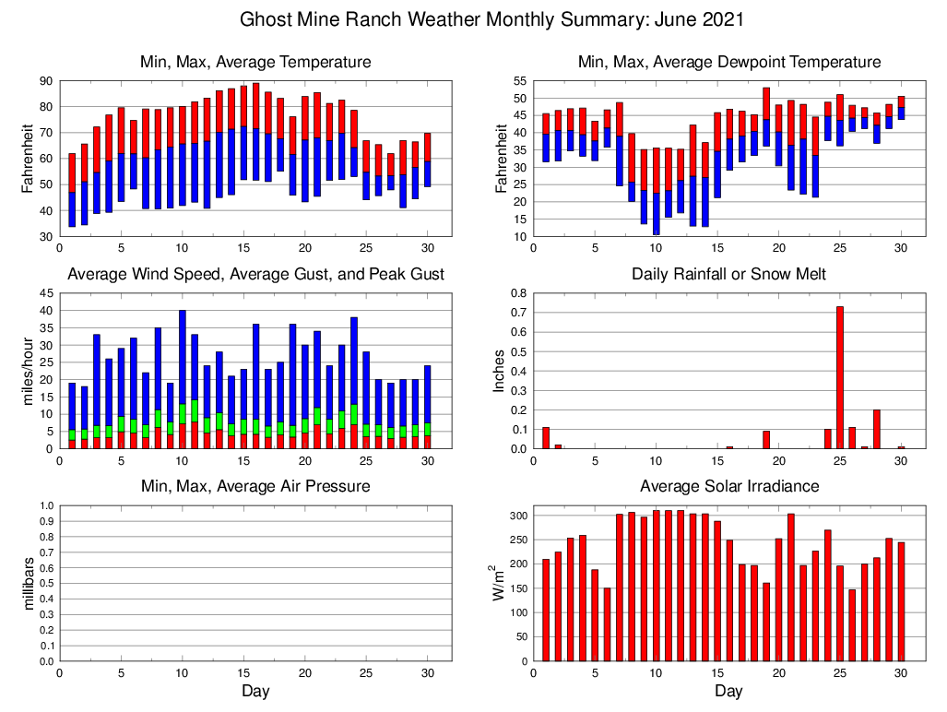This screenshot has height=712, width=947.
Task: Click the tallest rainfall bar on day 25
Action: pyautogui.click(x=840, y=378)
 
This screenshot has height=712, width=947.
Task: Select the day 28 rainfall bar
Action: pyautogui.click(x=877, y=429)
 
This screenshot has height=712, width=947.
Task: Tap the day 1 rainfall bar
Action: pyautogui.click(x=546, y=438)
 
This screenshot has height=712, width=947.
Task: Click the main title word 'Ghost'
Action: pyautogui.click(x=266, y=19)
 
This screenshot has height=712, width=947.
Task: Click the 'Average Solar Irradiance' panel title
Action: pyautogui.click(x=728, y=486)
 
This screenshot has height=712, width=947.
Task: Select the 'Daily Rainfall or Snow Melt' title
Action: pyautogui.click(x=728, y=274)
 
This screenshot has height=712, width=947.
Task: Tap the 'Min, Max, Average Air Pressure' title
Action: pyautogui.click(x=255, y=486)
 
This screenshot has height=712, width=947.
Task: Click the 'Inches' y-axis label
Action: pyautogui.click(x=500, y=371)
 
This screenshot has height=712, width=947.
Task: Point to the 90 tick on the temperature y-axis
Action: pyautogui.click(x=44, y=81)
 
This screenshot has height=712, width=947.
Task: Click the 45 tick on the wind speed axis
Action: pyautogui.click(x=44, y=293)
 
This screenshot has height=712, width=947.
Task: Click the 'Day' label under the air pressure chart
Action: pyautogui.click(x=255, y=691)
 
